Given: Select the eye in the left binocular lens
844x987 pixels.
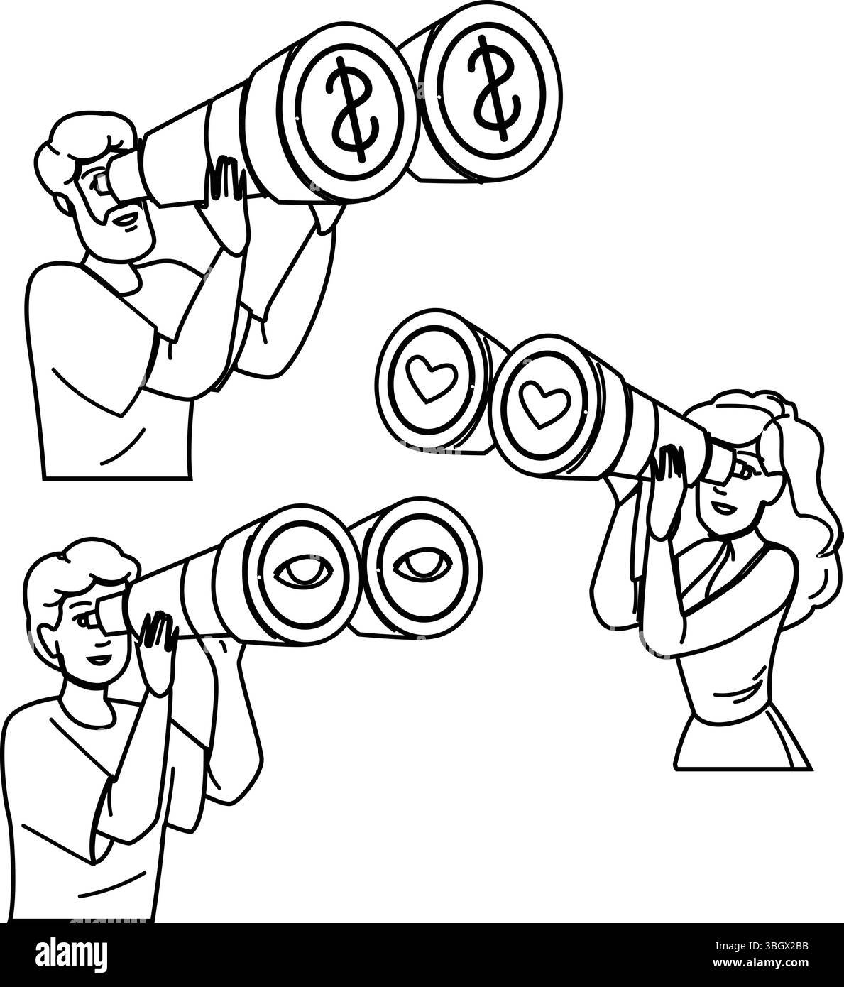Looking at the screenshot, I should [294, 572].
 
